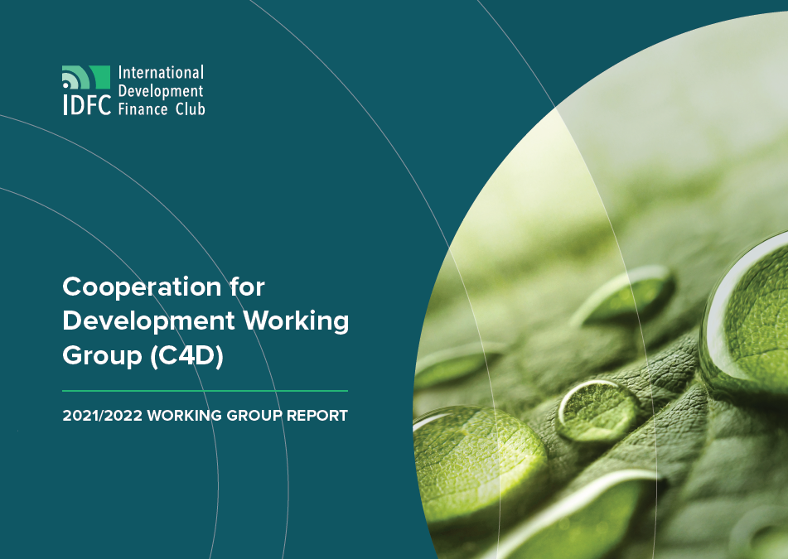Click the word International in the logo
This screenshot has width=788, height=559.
[161, 73]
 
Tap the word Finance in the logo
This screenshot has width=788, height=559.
[143, 109]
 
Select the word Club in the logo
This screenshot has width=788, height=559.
[190, 109]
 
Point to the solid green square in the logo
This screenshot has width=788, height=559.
[99, 77]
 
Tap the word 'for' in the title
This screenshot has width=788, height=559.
[247, 287]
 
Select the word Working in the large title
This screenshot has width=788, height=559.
[296, 322]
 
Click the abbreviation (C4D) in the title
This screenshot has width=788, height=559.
[186, 355]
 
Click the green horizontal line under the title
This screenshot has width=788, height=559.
[205, 390]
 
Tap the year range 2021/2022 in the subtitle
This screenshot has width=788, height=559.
[103, 416]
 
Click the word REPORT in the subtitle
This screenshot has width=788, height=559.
[317, 416]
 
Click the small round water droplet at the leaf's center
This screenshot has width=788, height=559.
[596, 410]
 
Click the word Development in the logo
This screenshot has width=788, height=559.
[161, 91]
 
